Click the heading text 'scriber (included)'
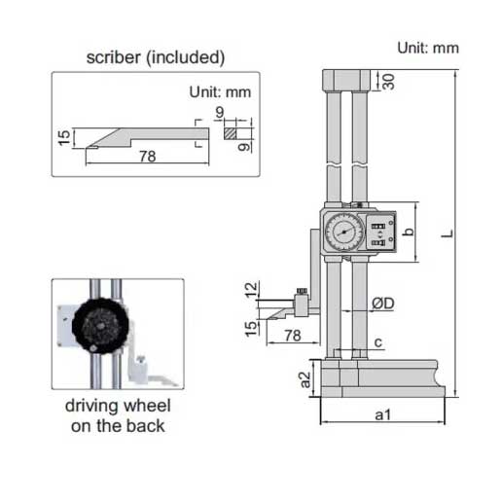point(155,57)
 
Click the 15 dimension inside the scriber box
point(63,139)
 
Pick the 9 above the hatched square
point(222,113)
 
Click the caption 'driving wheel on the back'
point(117,416)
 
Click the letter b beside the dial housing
point(409,232)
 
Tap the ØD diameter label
point(381,305)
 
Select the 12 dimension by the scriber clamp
point(253,290)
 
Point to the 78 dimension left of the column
point(289,335)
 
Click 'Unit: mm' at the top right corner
point(428,48)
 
